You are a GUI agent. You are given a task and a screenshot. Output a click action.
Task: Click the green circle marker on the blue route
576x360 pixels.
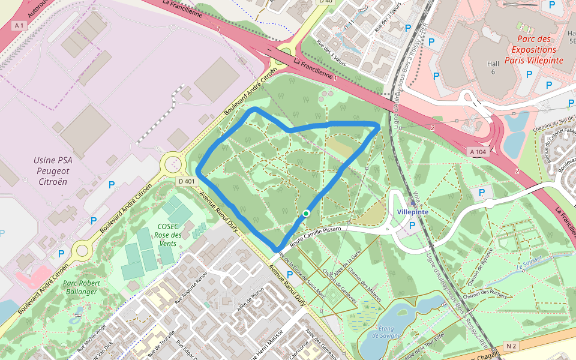[x=306, y=213]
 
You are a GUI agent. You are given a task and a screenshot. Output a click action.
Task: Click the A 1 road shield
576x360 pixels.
[x=20, y=25]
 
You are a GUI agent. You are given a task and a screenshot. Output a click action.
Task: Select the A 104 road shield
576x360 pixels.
[x=478, y=152]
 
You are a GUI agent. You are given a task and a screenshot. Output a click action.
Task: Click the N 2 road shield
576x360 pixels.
[x=511, y=346]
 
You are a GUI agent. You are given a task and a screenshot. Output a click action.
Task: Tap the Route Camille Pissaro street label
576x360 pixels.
[x=316, y=235]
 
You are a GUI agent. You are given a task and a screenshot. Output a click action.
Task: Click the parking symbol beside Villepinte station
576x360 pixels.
[x=412, y=226]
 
